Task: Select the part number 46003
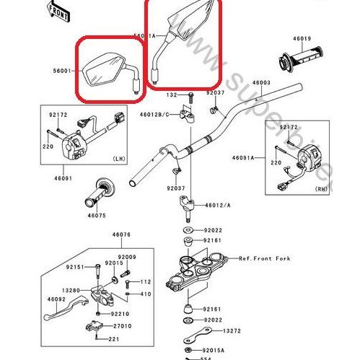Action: point(261,84)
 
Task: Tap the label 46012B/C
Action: point(154,115)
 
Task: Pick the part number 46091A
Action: point(244,157)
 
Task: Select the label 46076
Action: point(121,234)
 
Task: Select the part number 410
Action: point(145,294)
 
